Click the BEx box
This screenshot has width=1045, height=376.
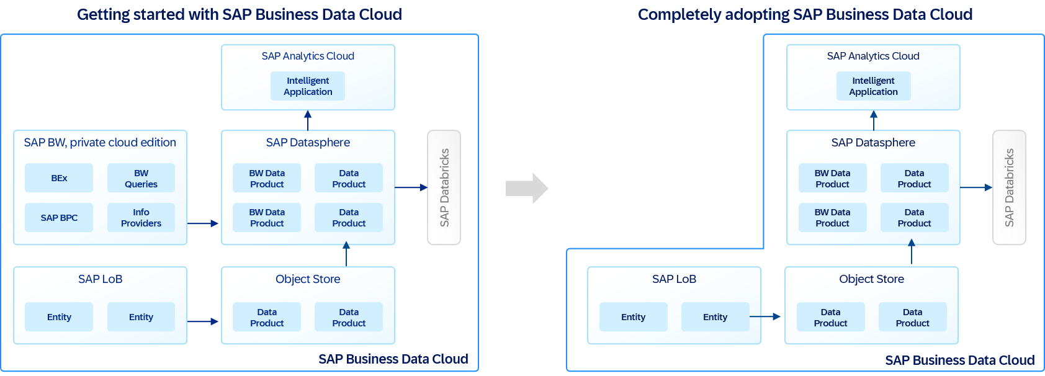pyautogui.click(x=59, y=178)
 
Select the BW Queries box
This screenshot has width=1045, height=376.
pyautogui.click(x=141, y=178)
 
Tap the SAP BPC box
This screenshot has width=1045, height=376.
pyautogui.click(x=59, y=218)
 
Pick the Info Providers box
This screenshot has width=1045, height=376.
pyautogui.click(x=141, y=218)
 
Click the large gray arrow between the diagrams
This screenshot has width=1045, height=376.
pyautogui.click(x=527, y=188)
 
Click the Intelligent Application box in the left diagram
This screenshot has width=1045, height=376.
pyautogui.click(x=308, y=86)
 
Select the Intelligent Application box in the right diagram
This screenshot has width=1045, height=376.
pyautogui.click(x=873, y=86)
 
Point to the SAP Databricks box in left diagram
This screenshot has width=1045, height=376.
pyautogui.click(x=444, y=187)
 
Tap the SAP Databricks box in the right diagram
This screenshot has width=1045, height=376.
pyautogui.click(x=1009, y=187)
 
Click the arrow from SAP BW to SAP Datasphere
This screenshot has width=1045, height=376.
pyautogui.click(x=203, y=223)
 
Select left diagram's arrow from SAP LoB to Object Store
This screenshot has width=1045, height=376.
pyautogui.click(x=203, y=321)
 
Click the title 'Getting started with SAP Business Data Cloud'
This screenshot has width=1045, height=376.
pyautogui.click(x=240, y=14)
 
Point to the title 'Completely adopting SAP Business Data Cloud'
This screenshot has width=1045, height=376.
pyautogui.click(x=805, y=14)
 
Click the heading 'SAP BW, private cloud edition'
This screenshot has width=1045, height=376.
pyautogui.click(x=100, y=143)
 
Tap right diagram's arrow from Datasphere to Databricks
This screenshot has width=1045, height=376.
pyautogui.click(x=975, y=187)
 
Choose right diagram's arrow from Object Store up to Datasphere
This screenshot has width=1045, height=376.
pyautogui.click(x=912, y=253)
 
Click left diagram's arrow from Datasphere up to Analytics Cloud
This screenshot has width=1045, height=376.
pyautogui.click(x=308, y=120)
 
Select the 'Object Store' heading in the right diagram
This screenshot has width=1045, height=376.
pyautogui.click(x=871, y=279)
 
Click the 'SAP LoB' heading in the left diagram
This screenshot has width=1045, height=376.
pyautogui.click(x=100, y=279)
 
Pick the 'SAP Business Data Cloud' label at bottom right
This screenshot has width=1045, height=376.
pyautogui.click(x=959, y=360)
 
